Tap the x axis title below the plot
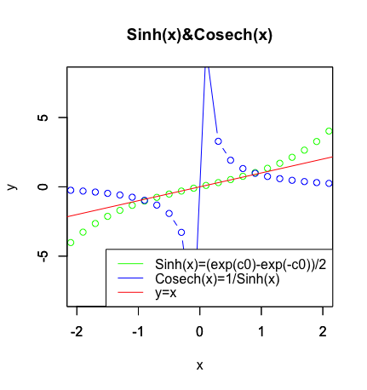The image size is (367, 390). (199, 365)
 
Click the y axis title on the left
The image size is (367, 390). (12, 186)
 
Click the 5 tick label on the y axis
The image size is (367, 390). (42, 118)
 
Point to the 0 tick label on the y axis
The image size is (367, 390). (42, 186)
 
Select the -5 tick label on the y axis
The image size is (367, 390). (42, 255)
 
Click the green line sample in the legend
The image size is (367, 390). (129, 264)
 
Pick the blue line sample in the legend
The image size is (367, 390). (129, 278)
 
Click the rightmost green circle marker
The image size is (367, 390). (329, 131)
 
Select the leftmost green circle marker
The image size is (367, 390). (71, 242)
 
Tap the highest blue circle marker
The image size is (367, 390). (218, 141)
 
